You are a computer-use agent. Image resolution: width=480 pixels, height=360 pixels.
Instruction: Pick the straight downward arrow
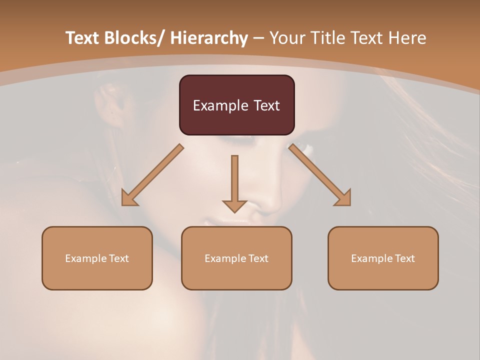pyautogui.click(x=234, y=182)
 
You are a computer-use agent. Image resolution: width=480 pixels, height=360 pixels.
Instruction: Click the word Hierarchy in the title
pyautogui.click(x=209, y=38)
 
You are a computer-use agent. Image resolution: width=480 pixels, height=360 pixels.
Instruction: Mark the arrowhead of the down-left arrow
pyautogui.click(x=129, y=198)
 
